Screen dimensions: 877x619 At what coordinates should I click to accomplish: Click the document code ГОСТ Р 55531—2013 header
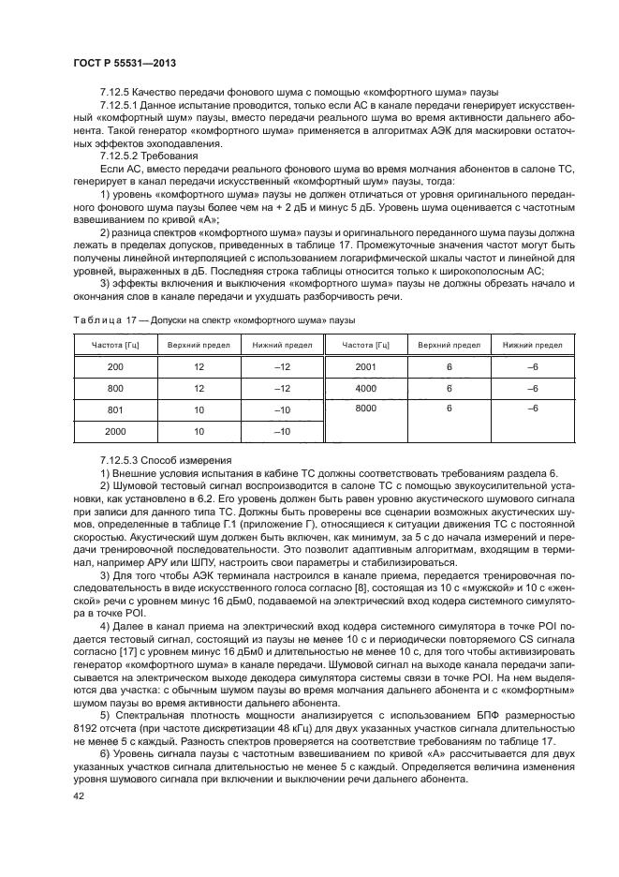(x=125, y=62)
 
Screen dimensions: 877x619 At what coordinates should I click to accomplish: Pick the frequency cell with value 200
(x=115, y=366)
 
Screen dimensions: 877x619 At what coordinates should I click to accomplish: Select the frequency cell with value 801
(x=115, y=409)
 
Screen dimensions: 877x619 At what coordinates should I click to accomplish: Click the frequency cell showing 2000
(x=115, y=431)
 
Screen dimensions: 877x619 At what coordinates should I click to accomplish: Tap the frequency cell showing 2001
(x=365, y=366)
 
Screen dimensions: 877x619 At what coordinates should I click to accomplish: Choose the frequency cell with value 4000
(x=365, y=388)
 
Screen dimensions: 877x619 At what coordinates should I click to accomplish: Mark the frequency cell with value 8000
(x=365, y=409)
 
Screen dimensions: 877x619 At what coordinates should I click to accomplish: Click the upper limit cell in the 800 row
(x=199, y=388)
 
